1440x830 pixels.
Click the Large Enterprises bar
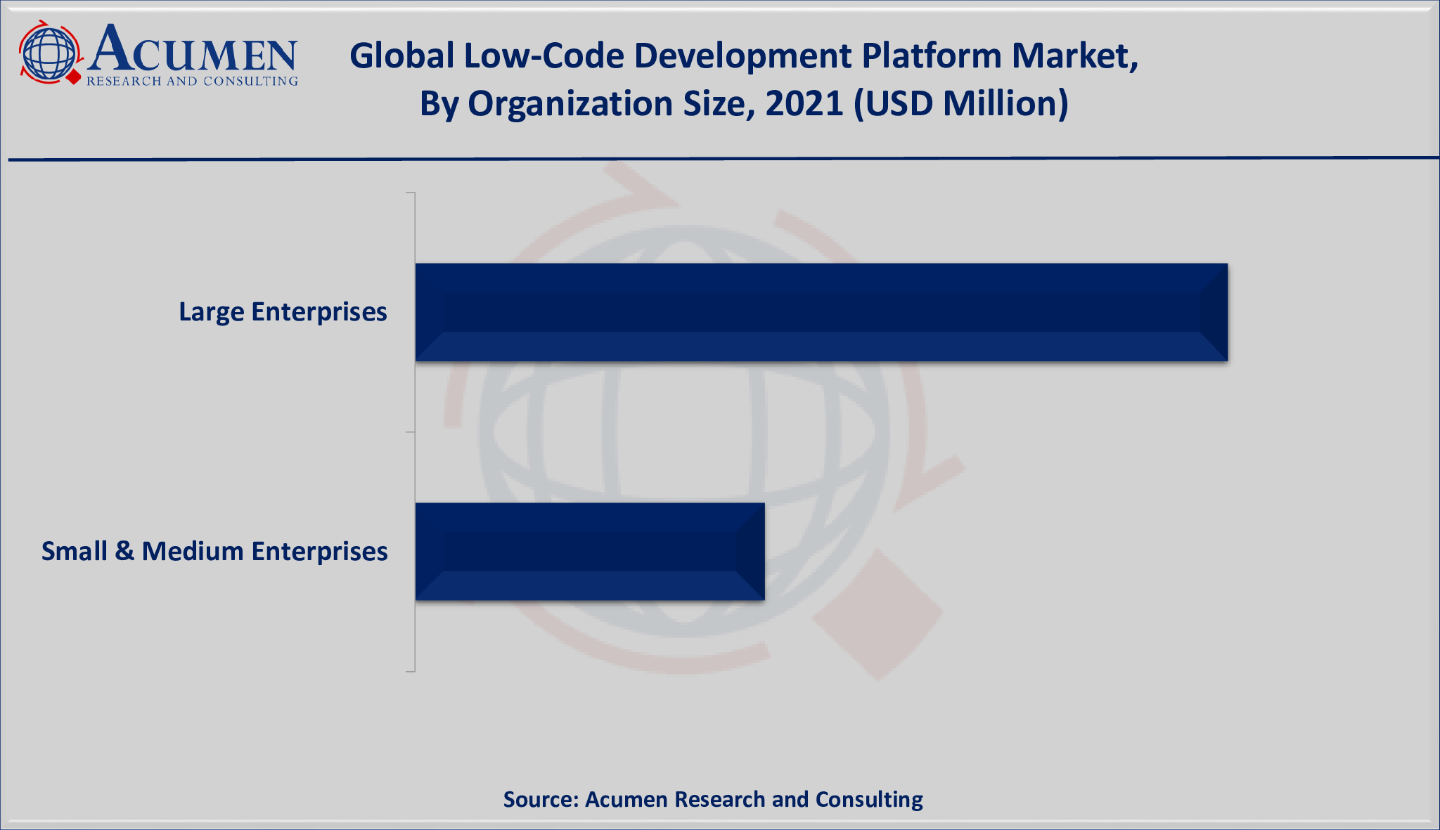(821, 313)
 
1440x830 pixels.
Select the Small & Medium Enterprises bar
(589, 552)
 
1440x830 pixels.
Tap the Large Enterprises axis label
(283, 312)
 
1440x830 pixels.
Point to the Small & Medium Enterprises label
(214, 552)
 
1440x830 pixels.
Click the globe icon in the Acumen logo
(48, 53)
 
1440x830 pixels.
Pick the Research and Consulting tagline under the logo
(192, 82)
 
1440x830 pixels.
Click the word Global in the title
(401, 56)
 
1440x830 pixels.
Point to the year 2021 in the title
(804, 104)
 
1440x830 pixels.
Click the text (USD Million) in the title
(960, 104)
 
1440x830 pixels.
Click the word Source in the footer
(540, 800)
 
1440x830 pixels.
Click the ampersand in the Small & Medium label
(124, 552)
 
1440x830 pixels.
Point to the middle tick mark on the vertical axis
(411, 432)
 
